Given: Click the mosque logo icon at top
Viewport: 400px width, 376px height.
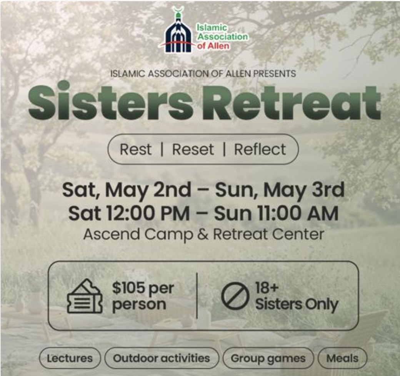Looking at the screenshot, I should coord(178,32).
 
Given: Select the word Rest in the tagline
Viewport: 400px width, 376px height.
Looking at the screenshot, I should coord(135,149).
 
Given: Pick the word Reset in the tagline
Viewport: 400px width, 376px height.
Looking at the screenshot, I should coord(193,149).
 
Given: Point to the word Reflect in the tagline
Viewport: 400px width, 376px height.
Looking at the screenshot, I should coord(260,149).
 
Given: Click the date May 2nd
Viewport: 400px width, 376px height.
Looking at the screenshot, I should coord(147,190).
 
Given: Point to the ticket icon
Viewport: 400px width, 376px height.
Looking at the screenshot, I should coord(85,296).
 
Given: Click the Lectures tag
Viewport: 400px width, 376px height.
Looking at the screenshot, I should coord(70,358).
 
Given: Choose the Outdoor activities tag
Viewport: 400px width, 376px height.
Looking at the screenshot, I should coord(162,358).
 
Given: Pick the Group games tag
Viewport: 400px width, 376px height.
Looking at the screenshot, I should coord(268,358).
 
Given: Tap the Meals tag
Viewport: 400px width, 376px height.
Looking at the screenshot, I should coord(342,358).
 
